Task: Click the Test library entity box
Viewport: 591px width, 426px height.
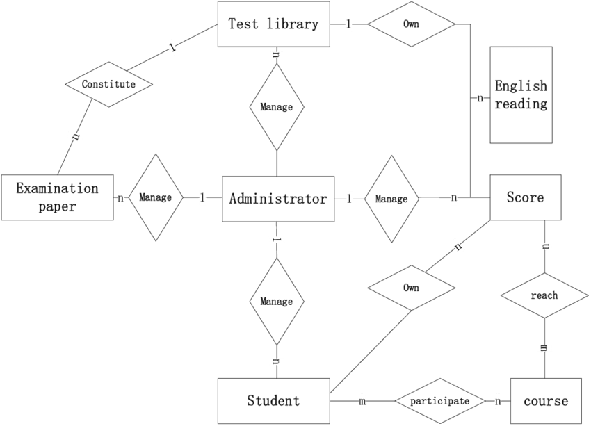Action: (x=273, y=24)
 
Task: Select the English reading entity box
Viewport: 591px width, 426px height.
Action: (x=521, y=95)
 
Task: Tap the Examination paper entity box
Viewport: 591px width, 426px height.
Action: (x=57, y=197)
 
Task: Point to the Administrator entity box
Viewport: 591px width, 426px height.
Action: (x=277, y=199)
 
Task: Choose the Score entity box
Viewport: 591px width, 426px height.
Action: (x=525, y=197)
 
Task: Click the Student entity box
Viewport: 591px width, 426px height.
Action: (x=273, y=400)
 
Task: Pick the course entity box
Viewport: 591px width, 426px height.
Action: (x=546, y=401)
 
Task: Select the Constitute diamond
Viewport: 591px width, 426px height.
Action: (x=108, y=84)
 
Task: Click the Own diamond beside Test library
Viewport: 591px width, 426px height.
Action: (x=411, y=24)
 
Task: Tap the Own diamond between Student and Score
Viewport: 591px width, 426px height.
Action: (x=411, y=288)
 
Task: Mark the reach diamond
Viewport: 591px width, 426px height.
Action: (x=544, y=295)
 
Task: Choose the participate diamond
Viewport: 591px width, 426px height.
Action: (x=439, y=401)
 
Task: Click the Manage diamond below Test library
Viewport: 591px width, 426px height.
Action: (x=276, y=107)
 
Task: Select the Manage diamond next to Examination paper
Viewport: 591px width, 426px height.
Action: (x=155, y=197)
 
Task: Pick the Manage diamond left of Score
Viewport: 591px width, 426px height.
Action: (x=391, y=199)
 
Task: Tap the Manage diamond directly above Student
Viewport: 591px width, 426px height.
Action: (x=276, y=302)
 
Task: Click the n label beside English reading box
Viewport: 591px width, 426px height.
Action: (x=480, y=98)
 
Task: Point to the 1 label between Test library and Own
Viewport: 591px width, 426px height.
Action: (x=348, y=24)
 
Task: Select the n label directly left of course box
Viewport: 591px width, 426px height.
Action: (x=499, y=401)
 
